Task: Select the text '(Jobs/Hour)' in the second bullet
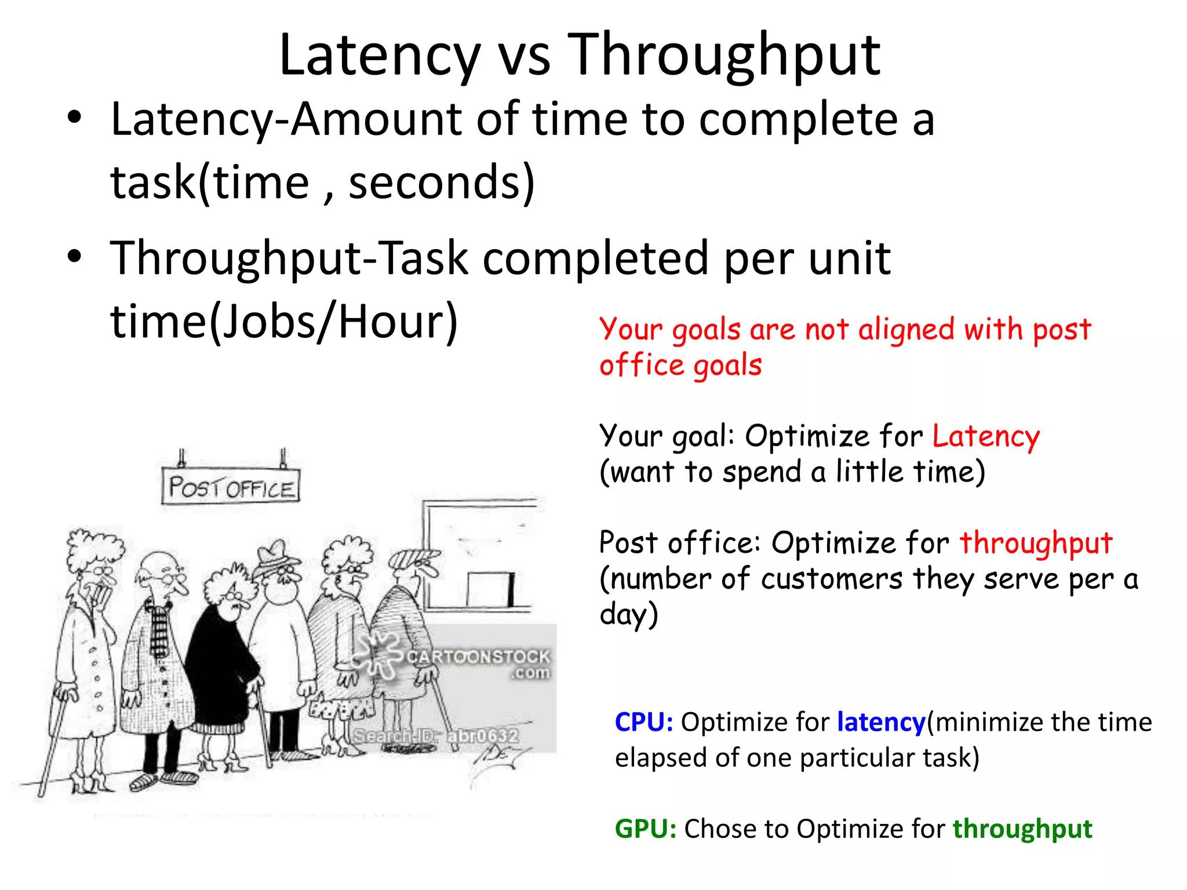tap(334, 322)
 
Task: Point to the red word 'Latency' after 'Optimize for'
tap(986, 436)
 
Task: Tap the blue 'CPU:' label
tap(643, 722)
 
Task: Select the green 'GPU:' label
tap(645, 829)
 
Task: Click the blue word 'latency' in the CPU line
tap(881, 722)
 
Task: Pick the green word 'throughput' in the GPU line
tap(1022, 829)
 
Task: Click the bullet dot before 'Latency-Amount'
tap(74, 118)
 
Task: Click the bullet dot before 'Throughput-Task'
tap(74, 256)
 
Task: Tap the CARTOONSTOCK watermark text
tap(478, 657)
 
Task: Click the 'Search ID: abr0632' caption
tap(436, 736)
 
